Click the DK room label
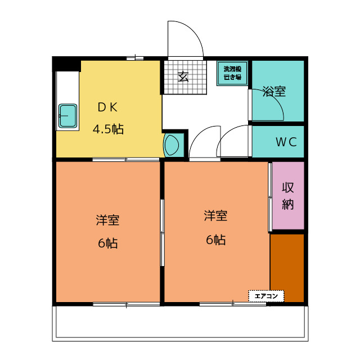[x=107, y=107]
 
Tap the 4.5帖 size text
[x=108, y=129]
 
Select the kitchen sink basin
[x=67, y=116]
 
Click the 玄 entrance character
[x=183, y=76]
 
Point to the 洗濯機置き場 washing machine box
[x=232, y=73]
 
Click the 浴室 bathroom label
[x=274, y=91]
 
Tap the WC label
[x=286, y=142]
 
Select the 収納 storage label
[x=287, y=196]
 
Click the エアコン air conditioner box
[x=266, y=296]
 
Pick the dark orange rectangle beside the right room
[x=287, y=268]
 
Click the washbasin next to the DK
[x=171, y=145]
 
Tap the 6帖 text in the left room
[x=108, y=243]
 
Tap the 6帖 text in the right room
[x=215, y=240]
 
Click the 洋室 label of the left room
[x=107, y=220]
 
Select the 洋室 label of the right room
[x=215, y=215]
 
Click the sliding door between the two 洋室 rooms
[x=163, y=233]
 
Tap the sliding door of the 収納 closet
[x=270, y=197]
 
